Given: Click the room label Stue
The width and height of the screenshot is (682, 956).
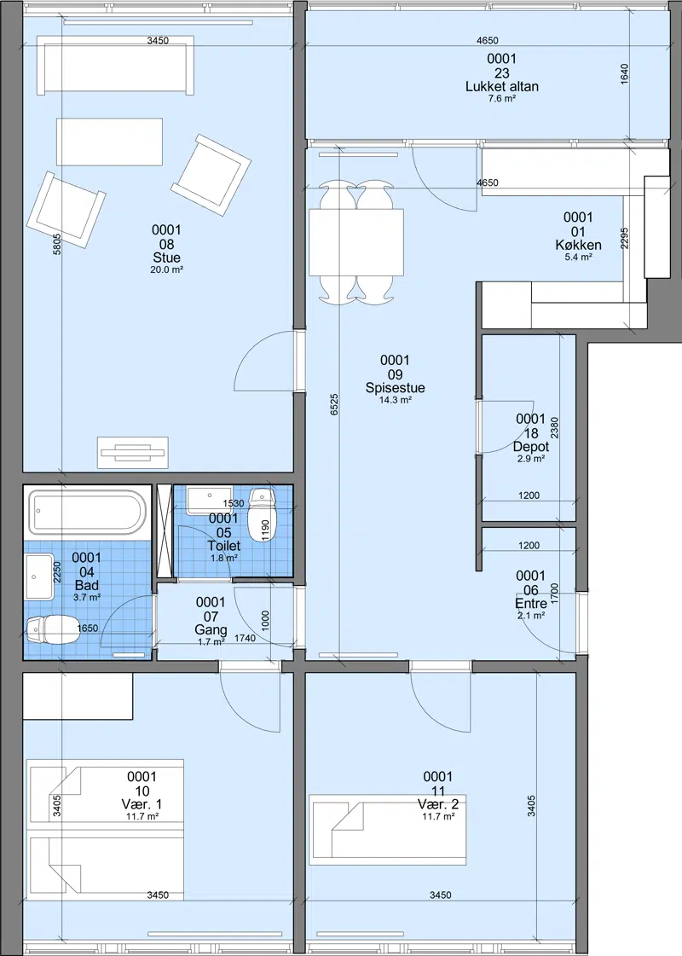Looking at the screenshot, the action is tap(166, 258).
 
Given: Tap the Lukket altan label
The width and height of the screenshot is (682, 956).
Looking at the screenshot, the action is tap(501, 87).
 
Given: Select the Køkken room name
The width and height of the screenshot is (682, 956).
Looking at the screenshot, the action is tap(578, 245).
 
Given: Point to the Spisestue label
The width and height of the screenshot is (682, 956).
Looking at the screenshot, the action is tap(395, 388).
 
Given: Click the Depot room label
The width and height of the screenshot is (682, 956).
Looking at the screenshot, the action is tap(531, 447).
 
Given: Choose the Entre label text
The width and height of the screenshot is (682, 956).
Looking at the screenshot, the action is tap(531, 604).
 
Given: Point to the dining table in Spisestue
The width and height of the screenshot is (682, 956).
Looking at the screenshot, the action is tap(356, 242).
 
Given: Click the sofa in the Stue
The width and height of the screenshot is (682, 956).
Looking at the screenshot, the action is tap(115, 65).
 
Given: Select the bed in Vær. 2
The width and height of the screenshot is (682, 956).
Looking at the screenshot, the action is tap(388, 829).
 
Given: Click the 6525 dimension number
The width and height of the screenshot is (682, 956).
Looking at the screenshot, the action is tap(334, 405).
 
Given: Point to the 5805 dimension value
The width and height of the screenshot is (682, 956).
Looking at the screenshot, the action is tap(56, 245).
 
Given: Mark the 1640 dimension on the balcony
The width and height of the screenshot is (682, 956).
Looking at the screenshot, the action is tap(624, 74).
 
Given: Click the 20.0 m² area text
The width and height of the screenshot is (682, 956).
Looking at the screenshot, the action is tap(166, 269).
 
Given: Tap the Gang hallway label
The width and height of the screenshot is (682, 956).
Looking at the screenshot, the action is tap(211, 630).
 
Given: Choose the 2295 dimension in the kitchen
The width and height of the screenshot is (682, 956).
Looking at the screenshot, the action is tap(624, 239).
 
